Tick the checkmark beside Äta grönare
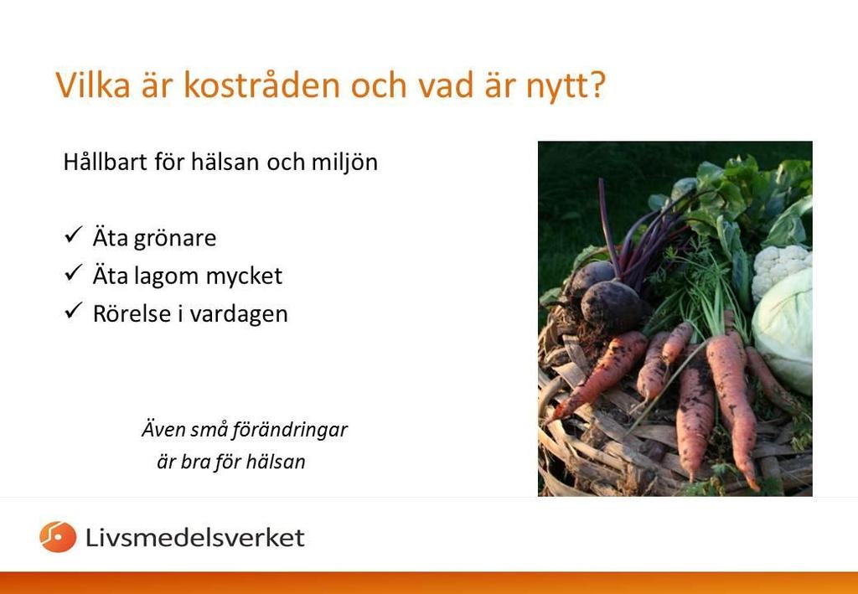pos(73,235)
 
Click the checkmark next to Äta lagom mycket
pos(73,273)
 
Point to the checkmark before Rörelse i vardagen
pos(73,311)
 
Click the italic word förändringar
pos(290,430)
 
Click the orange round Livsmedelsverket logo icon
pos(58,536)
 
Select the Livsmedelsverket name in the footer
pos(194,537)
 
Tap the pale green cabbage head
pos(783,332)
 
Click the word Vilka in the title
pos(93,85)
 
